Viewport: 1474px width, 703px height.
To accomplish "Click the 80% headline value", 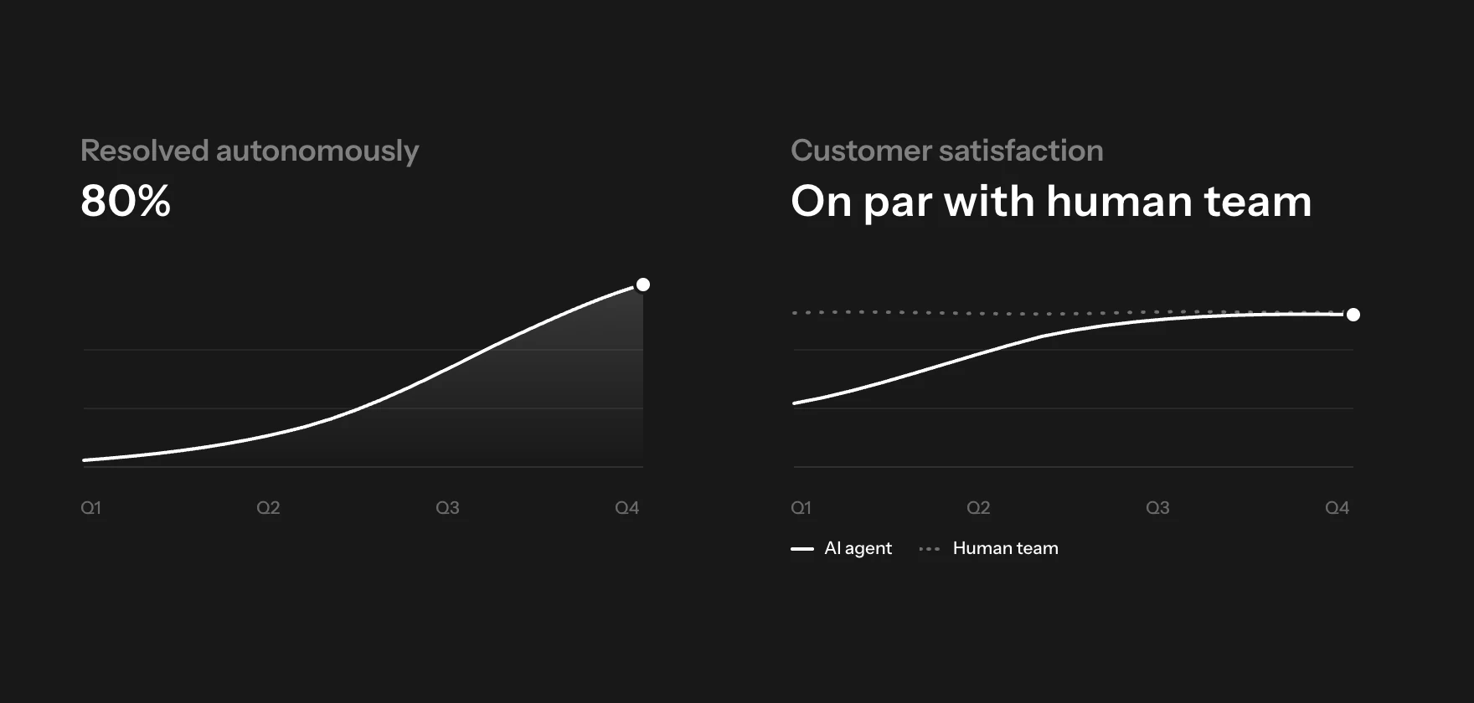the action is click(x=126, y=201).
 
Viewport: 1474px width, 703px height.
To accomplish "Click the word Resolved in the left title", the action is click(x=145, y=151).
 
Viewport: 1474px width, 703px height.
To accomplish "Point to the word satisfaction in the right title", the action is click(x=1021, y=151).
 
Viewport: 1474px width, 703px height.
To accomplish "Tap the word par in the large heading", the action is click(x=897, y=204).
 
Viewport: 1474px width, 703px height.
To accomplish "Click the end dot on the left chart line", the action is click(x=643, y=285).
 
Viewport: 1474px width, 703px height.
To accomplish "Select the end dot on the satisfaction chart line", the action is click(x=1353, y=315).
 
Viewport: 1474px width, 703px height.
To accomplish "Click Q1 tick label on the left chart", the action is click(x=90, y=508).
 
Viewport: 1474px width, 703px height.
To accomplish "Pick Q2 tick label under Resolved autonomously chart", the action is click(x=268, y=508).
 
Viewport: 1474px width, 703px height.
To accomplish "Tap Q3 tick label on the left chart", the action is click(x=447, y=508).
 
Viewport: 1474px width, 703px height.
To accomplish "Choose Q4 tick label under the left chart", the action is click(x=626, y=508).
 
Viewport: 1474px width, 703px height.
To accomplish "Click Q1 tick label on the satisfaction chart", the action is click(x=801, y=508).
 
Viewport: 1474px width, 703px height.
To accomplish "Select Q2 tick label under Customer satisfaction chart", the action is click(x=978, y=508).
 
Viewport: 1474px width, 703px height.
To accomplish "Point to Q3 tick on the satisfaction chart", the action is click(x=1157, y=508).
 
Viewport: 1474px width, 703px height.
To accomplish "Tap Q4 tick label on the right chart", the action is click(x=1337, y=508).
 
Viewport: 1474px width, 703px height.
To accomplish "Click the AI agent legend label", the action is click(x=858, y=549).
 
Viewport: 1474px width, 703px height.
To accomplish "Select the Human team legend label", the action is click(x=1006, y=548).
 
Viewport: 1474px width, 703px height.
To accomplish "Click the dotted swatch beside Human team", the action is click(x=930, y=549).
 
